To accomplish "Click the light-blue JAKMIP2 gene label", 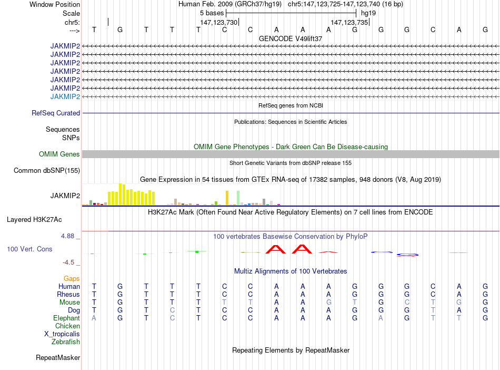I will [65, 96].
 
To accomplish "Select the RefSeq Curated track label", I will [56, 113].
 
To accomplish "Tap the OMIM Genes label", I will [59, 154].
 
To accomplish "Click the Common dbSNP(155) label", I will [47, 170].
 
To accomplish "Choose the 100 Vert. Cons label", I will [29, 249].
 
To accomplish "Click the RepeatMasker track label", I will [58, 358].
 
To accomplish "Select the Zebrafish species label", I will [66, 342].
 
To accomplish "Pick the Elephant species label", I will [66, 318].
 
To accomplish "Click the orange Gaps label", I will [72, 278].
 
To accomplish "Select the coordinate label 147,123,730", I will [219, 22].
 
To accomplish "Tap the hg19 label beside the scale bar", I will [368, 13].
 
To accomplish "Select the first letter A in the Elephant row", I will [94, 318].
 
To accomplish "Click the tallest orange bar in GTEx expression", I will [227, 198].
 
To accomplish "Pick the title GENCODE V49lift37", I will [291, 38].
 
